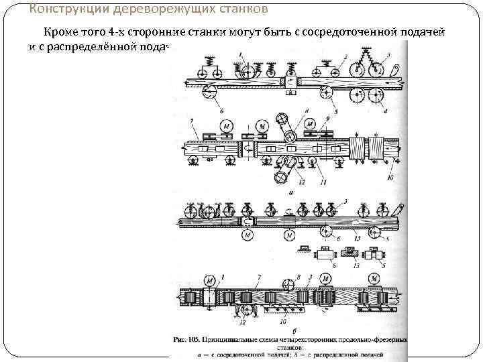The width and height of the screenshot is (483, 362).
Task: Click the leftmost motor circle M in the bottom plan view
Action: point(211,279)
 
